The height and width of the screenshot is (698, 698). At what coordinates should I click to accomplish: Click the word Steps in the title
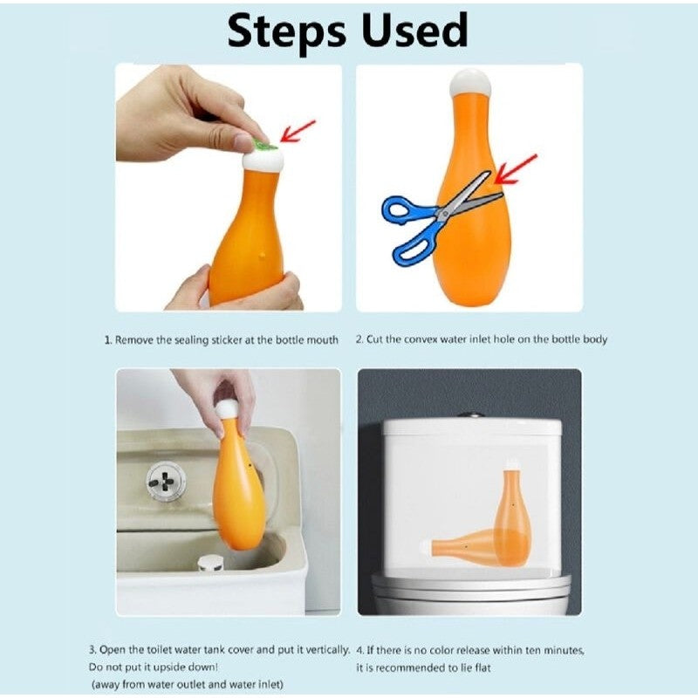tap(287, 32)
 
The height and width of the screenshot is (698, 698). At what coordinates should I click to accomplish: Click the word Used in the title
tap(414, 30)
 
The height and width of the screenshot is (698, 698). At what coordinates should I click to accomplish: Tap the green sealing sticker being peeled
tap(264, 143)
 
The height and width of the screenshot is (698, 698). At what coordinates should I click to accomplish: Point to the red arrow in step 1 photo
tap(298, 130)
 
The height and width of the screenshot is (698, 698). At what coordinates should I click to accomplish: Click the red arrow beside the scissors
tap(516, 169)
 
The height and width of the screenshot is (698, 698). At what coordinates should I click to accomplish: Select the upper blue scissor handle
tap(404, 210)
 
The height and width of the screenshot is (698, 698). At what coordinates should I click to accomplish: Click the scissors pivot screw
tap(443, 214)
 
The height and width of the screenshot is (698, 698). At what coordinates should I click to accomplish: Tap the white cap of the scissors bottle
tap(470, 83)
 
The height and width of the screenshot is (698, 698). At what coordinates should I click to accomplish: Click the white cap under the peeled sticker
tap(263, 160)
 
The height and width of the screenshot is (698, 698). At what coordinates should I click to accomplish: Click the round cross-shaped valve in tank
tap(166, 482)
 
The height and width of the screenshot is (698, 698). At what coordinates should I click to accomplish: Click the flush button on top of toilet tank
tap(470, 415)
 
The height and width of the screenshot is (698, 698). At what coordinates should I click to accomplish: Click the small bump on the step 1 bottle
tap(262, 256)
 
